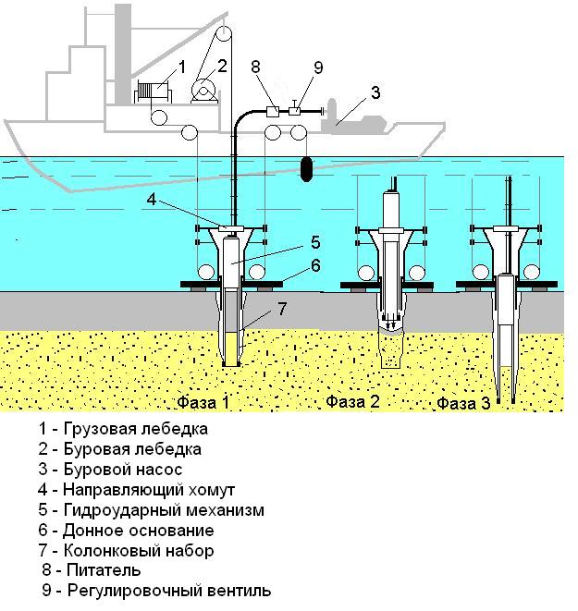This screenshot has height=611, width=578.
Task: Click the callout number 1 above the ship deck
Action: [182, 67]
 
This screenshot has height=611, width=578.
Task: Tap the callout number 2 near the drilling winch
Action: [222, 66]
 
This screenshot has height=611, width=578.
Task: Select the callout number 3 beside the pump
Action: [375, 92]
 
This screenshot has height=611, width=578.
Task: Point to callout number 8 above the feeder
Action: [255, 67]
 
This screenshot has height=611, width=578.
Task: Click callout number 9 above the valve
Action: [318, 67]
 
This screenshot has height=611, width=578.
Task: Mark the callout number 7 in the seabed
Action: [282, 309]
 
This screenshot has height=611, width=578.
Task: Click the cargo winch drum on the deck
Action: [153, 92]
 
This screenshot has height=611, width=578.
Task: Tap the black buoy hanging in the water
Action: [306, 169]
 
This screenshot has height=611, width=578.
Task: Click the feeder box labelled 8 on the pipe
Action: [273, 112]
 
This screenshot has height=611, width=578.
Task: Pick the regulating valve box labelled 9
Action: [295, 111]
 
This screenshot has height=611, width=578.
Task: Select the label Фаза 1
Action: [203, 402]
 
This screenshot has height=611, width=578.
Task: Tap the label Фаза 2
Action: [352, 401]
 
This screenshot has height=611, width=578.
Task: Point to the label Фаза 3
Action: [463, 403]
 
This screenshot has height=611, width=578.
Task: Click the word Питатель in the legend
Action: [104, 570]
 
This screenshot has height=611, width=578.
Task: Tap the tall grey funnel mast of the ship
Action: [123, 55]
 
